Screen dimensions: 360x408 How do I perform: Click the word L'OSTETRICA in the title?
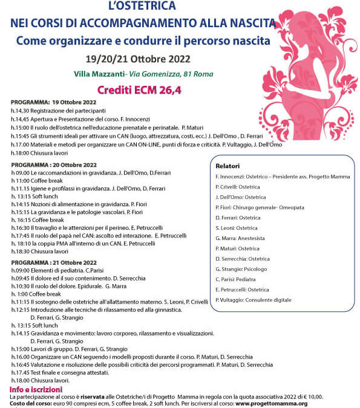click(x=142, y=7)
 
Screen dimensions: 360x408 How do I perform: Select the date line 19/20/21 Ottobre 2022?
click(x=143, y=60)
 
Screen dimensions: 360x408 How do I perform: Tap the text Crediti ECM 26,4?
click(x=143, y=89)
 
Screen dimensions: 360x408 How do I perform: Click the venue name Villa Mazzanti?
click(x=99, y=74)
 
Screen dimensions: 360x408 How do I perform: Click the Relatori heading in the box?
click(x=227, y=165)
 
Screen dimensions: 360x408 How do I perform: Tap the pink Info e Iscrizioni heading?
click(x=36, y=389)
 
